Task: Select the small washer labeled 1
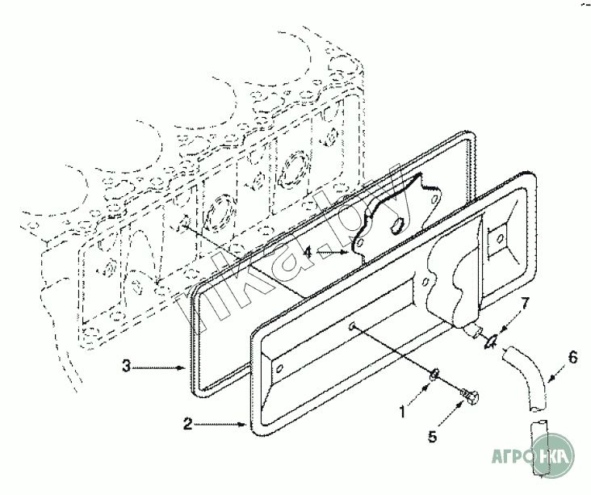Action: coord(434,374)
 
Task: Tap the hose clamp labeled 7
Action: coord(488,341)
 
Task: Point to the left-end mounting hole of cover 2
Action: coord(279,369)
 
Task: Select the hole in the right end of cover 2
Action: coord(499,237)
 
